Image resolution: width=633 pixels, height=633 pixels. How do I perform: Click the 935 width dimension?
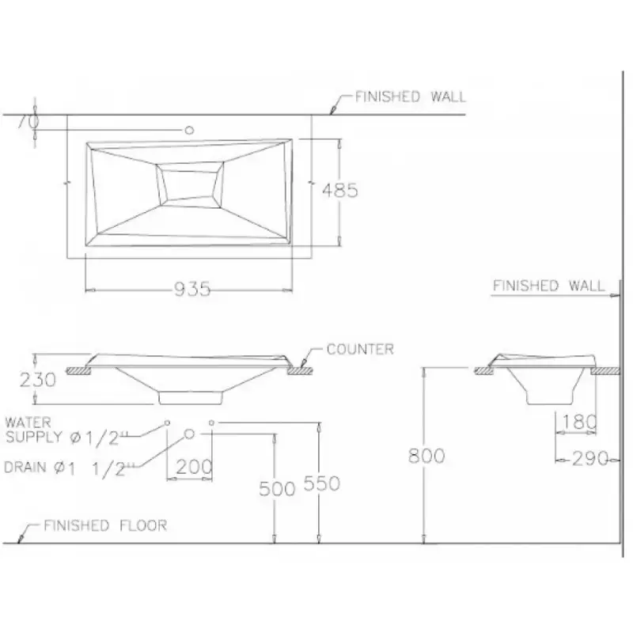[x=192, y=289]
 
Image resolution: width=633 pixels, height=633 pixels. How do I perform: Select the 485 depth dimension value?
[x=340, y=190]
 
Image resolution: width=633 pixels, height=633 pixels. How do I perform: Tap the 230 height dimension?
[x=37, y=380]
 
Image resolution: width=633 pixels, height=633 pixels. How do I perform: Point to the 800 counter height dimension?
[x=426, y=456]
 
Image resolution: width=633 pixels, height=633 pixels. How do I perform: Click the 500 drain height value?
[x=277, y=489]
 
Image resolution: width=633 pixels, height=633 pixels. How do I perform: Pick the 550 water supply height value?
[x=322, y=483]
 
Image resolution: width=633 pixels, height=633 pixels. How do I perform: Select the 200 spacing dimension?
[x=194, y=467]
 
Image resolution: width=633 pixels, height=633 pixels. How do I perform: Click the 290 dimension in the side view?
[x=590, y=459]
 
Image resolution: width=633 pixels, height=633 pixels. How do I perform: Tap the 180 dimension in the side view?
[x=579, y=423]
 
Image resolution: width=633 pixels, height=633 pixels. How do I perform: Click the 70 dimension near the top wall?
[x=28, y=121]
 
